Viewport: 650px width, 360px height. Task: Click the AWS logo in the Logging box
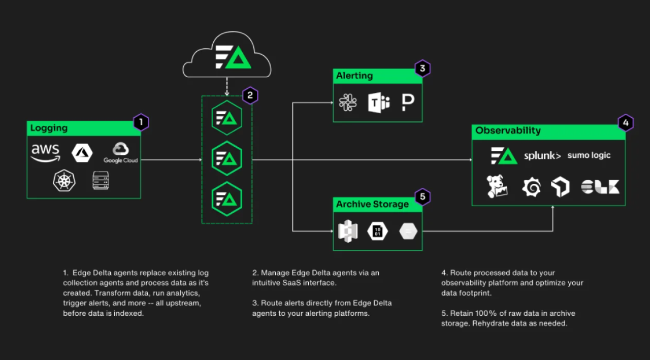point(45,152)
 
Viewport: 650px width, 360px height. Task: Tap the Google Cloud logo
point(121,152)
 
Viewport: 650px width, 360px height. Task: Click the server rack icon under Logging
point(101,180)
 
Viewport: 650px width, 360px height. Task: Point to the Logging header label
point(49,128)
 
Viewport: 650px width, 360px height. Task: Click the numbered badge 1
point(141,122)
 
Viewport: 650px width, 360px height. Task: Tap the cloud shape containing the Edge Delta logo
point(227,56)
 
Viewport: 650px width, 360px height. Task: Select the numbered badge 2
point(250,95)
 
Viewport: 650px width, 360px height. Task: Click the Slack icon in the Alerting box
point(348,102)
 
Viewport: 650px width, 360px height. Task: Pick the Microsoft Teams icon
point(378,103)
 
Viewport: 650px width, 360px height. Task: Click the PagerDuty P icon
point(407,102)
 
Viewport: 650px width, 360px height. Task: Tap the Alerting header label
point(354,76)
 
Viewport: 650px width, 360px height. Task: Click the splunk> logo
point(542,155)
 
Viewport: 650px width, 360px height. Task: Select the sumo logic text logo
point(589,155)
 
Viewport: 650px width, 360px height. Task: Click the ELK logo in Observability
point(600,187)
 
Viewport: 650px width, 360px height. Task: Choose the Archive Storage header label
point(372,204)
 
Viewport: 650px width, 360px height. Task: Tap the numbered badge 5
point(422,197)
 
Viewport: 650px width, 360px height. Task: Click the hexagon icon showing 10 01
point(377,232)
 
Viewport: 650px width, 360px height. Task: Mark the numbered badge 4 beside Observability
point(626,123)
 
